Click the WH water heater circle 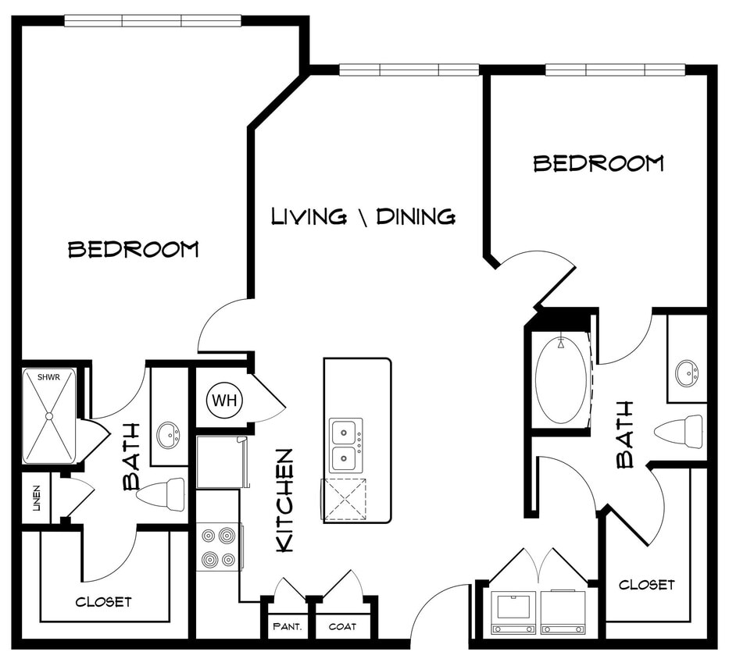click(225, 401)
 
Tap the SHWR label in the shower click(48, 378)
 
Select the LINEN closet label click(36, 498)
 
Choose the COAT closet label click(342, 626)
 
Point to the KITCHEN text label click(285, 500)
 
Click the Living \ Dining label click(363, 216)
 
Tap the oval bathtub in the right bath click(561, 380)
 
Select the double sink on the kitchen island click(345, 444)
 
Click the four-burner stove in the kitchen click(218, 547)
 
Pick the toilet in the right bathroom click(678, 431)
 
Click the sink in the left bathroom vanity click(168, 435)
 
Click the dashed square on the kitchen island click(345, 500)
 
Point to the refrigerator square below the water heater click(220, 462)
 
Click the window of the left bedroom click(152, 21)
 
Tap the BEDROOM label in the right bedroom click(599, 163)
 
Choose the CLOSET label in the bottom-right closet click(646, 584)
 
